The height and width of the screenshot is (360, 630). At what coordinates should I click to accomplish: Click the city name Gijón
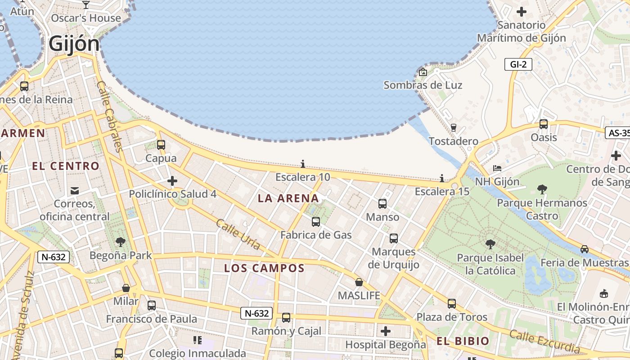(74, 44)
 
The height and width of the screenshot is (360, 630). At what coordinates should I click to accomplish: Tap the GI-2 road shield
(518, 64)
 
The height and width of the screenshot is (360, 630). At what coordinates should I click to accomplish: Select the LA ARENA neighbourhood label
(288, 198)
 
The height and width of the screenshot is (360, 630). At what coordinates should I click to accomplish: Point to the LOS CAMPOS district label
(265, 268)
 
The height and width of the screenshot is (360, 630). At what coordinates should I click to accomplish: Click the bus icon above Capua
(161, 145)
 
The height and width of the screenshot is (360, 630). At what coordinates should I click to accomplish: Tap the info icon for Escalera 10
(303, 164)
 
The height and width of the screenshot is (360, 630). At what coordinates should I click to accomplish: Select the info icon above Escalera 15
(442, 178)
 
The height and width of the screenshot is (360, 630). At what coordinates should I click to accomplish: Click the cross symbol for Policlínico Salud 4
(172, 181)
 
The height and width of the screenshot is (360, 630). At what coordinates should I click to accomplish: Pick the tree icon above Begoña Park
(121, 242)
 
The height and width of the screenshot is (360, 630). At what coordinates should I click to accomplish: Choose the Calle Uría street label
(238, 234)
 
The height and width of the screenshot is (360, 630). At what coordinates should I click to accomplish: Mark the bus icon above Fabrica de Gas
(316, 221)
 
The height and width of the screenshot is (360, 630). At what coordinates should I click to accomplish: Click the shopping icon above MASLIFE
(359, 282)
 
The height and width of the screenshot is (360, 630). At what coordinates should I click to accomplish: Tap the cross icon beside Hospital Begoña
(386, 331)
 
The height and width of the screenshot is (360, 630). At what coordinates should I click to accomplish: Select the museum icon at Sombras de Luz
(423, 72)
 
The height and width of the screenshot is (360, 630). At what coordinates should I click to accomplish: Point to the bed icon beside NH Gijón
(497, 168)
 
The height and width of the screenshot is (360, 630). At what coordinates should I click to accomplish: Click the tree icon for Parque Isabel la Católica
(490, 244)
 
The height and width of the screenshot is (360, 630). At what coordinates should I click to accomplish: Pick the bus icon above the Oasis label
(544, 124)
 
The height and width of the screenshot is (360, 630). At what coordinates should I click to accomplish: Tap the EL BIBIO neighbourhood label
(463, 341)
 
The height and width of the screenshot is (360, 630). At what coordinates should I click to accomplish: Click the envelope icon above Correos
(75, 191)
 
